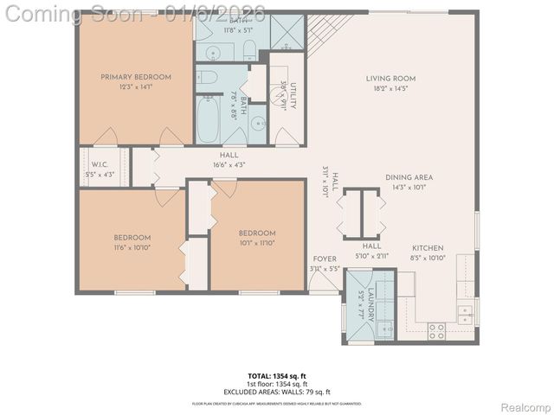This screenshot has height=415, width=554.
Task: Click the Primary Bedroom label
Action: pos(135,77)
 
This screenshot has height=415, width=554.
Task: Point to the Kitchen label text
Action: pos(427,246)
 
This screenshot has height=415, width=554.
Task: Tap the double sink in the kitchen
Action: pos(466,313)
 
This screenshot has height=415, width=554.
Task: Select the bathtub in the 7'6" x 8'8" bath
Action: pos(209,121)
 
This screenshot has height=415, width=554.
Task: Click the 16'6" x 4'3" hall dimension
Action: pos(229,164)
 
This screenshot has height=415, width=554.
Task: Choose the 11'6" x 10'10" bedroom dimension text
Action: pos(132,247)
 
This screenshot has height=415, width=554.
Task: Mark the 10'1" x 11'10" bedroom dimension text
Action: pos(257,243)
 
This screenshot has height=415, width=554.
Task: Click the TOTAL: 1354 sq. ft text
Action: pos(276,376)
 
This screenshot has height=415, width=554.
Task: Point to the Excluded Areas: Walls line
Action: pos(276,390)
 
